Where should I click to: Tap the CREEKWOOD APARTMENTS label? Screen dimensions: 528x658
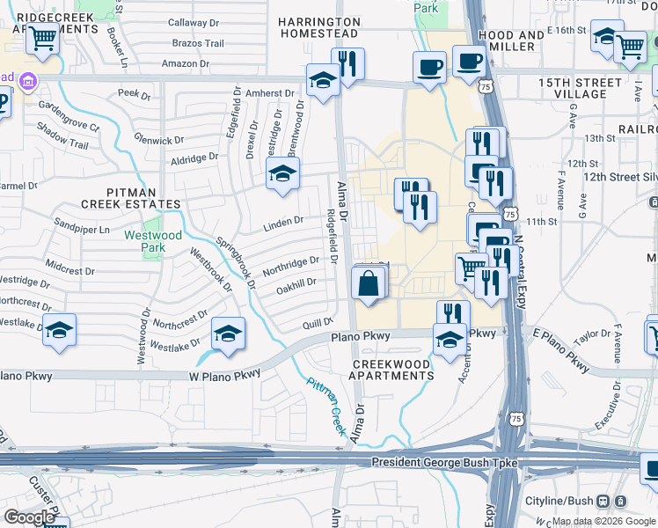(392, 370)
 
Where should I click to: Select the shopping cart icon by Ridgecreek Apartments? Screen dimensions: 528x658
(42, 38)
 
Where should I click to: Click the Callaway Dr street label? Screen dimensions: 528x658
(192, 23)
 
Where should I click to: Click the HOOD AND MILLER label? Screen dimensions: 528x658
(511, 40)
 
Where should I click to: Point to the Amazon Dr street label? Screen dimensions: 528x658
(186, 63)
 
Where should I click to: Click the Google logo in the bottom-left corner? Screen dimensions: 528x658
(29, 517)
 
